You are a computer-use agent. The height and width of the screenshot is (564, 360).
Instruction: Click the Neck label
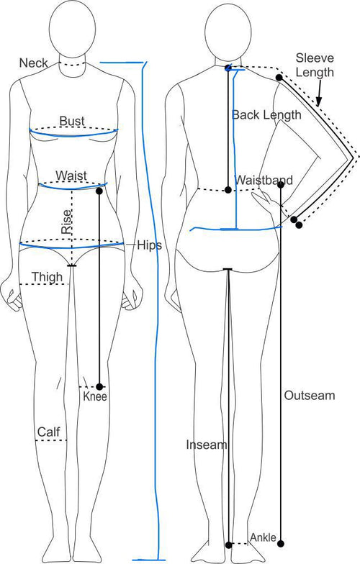33,63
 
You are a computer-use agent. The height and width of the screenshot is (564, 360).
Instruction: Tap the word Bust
72,121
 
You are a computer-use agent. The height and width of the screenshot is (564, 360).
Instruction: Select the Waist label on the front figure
71,176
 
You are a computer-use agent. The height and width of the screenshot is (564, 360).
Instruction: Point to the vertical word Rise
66,222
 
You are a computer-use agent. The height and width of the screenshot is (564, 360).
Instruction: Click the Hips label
150,245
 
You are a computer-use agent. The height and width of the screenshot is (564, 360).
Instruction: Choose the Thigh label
47,278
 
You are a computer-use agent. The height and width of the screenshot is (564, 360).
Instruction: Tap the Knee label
95,396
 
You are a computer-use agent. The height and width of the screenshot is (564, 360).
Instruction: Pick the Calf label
49,432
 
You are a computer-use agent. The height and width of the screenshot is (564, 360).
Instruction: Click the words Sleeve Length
315,65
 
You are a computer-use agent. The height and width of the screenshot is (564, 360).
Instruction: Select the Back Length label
266,115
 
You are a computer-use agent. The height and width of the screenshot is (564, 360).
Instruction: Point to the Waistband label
264,180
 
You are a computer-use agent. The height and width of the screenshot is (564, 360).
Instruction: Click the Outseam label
310,396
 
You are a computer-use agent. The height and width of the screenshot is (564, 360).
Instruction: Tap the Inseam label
207,445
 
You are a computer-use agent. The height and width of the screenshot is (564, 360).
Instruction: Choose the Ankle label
264,537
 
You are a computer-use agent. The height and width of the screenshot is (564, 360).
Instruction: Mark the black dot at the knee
99,387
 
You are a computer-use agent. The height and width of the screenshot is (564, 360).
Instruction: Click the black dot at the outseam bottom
281,543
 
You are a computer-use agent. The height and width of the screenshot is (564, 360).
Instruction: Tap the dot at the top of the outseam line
281,184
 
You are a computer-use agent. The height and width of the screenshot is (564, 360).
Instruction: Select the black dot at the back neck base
228,68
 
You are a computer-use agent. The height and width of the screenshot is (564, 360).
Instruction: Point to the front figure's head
72,29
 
